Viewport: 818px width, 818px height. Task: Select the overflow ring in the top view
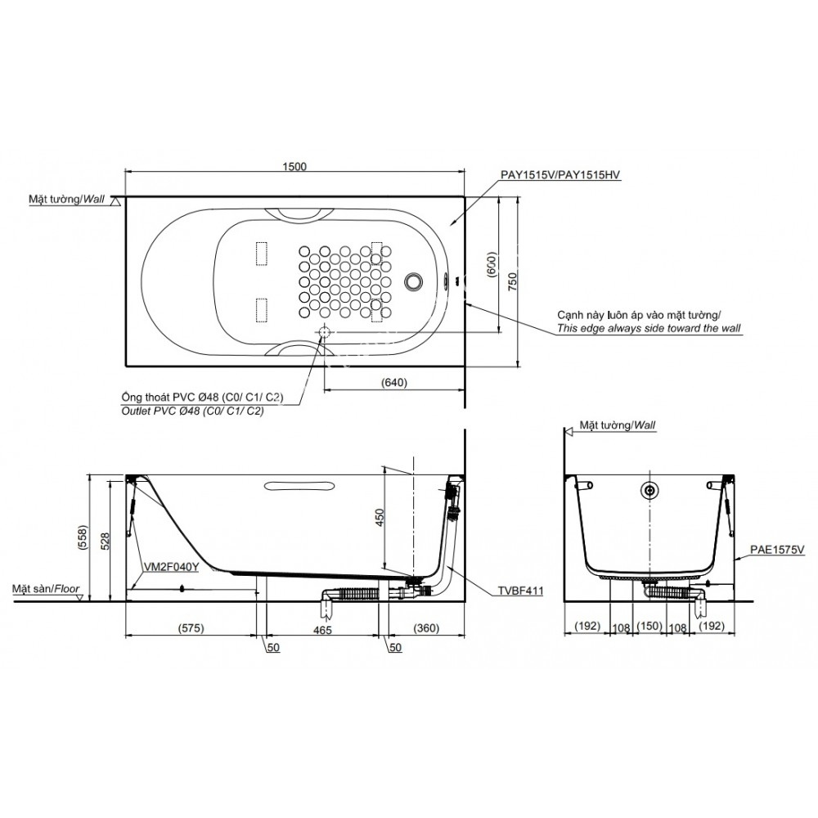(415, 281)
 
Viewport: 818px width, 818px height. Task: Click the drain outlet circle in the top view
(325, 332)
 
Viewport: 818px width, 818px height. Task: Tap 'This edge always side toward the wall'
(648, 328)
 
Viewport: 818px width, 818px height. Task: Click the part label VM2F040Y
(171, 565)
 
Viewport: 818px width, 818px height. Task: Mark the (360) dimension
(425, 628)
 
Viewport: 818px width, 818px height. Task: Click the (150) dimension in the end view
(649, 627)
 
